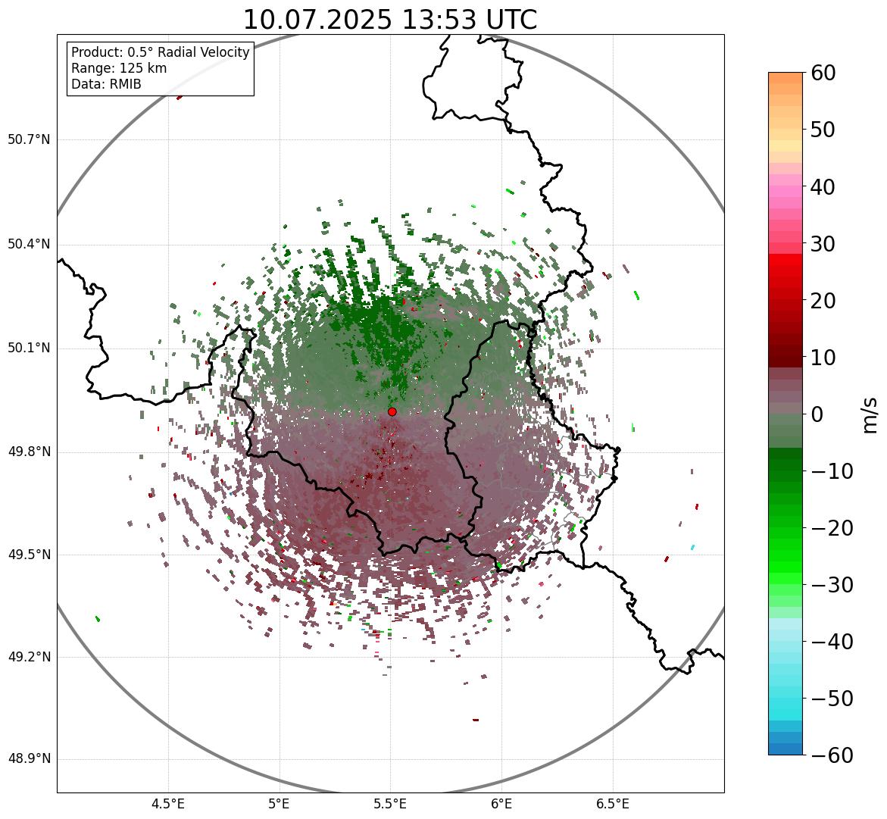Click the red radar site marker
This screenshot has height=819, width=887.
pyautogui.click(x=392, y=411)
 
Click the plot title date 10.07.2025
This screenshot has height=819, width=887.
pyautogui.click(x=317, y=20)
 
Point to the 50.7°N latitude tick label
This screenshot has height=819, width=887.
pyautogui.click(x=29, y=139)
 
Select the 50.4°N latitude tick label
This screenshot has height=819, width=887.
pyautogui.click(x=29, y=244)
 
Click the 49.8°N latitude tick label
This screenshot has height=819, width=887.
pyautogui.click(x=29, y=452)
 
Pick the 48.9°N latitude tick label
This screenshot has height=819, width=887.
pyautogui.click(x=29, y=759)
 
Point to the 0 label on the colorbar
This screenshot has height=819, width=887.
pyautogui.click(x=817, y=414)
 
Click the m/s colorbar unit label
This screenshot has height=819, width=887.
pyautogui.click(x=870, y=414)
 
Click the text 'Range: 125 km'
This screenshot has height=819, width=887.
pyautogui.click(x=119, y=68)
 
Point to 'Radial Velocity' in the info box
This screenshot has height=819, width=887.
pyautogui.click(x=203, y=52)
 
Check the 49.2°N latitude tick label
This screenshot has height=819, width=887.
pyautogui.click(x=29, y=657)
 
